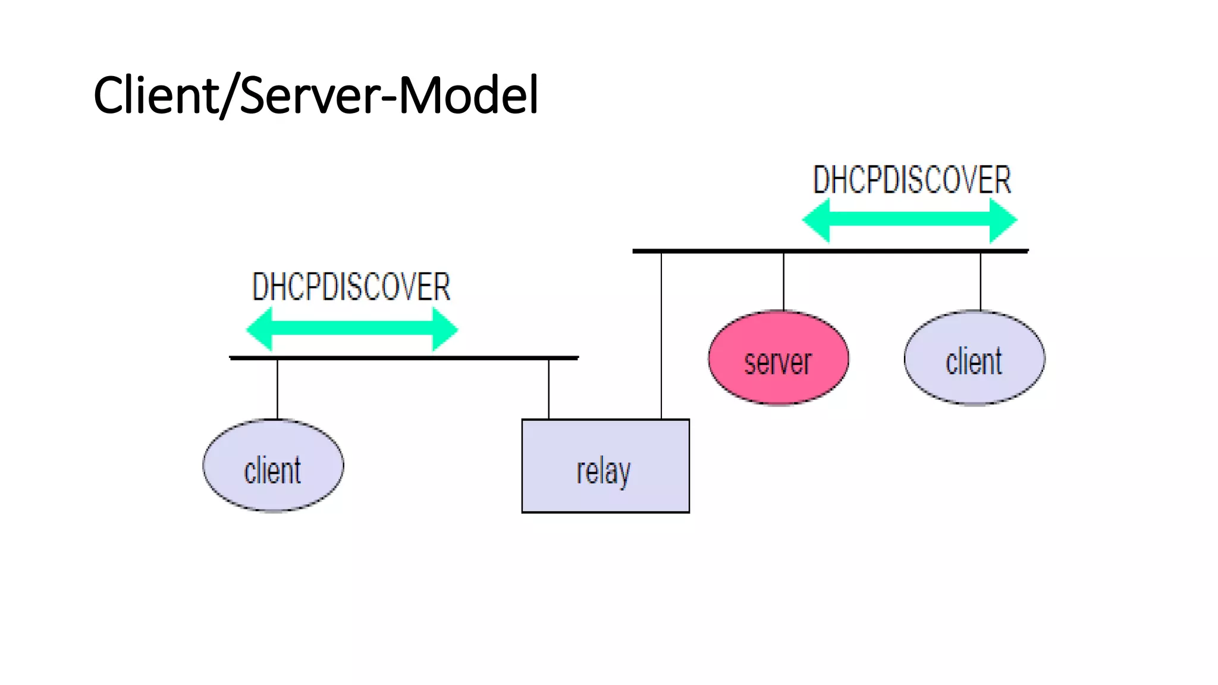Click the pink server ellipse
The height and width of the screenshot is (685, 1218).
(x=778, y=358)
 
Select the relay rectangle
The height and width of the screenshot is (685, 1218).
(x=605, y=466)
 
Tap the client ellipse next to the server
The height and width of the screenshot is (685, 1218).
(x=974, y=358)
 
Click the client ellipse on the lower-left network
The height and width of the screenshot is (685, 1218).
(x=273, y=466)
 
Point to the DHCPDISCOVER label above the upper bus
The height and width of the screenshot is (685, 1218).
(x=912, y=180)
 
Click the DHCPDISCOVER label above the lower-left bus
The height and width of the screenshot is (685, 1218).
(x=351, y=287)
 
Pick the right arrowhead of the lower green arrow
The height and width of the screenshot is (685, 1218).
(x=444, y=329)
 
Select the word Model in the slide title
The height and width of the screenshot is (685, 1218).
(x=468, y=95)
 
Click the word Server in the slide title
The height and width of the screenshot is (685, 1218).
(x=309, y=95)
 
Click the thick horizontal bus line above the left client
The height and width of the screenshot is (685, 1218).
(x=404, y=358)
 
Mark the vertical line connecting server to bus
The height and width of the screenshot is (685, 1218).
(x=783, y=281)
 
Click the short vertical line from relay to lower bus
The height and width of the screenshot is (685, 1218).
(x=548, y=389)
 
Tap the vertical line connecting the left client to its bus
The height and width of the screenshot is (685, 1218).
(x=277, y=389)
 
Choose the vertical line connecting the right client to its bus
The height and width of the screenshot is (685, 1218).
(x=980, y=281)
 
